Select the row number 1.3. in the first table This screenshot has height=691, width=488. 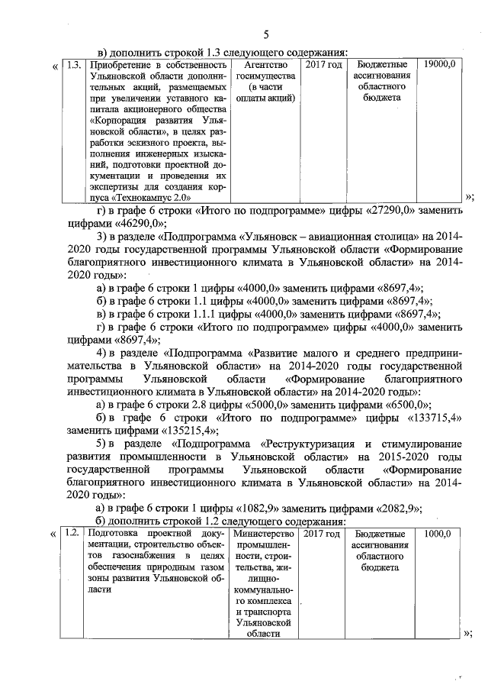coord(73,65)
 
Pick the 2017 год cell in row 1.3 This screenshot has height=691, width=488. coord(323,65)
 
